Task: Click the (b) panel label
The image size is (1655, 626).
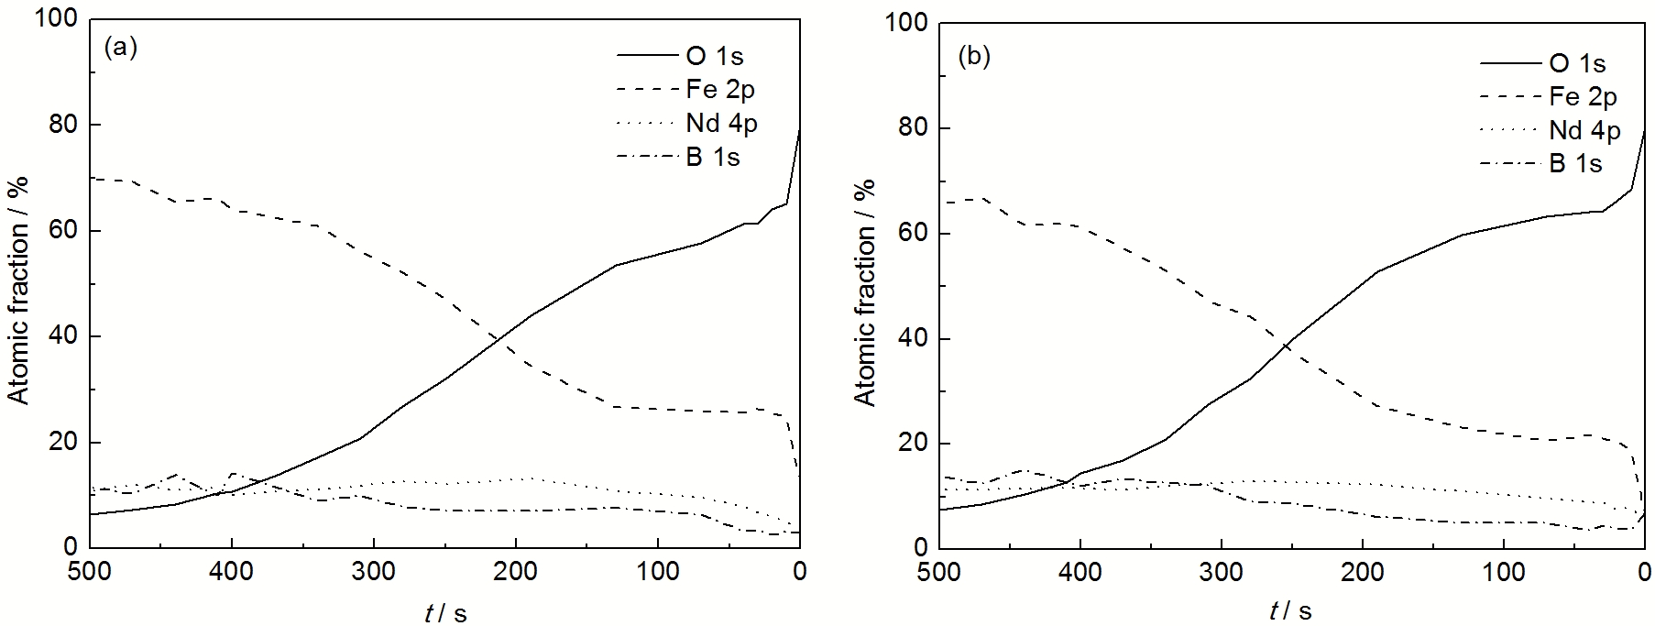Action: (974, 57)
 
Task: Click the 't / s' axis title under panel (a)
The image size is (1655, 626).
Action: (446, 611)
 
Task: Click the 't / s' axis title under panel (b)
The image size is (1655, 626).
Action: (1292, 611)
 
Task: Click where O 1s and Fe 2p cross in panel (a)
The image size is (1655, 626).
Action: (499, 338)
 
